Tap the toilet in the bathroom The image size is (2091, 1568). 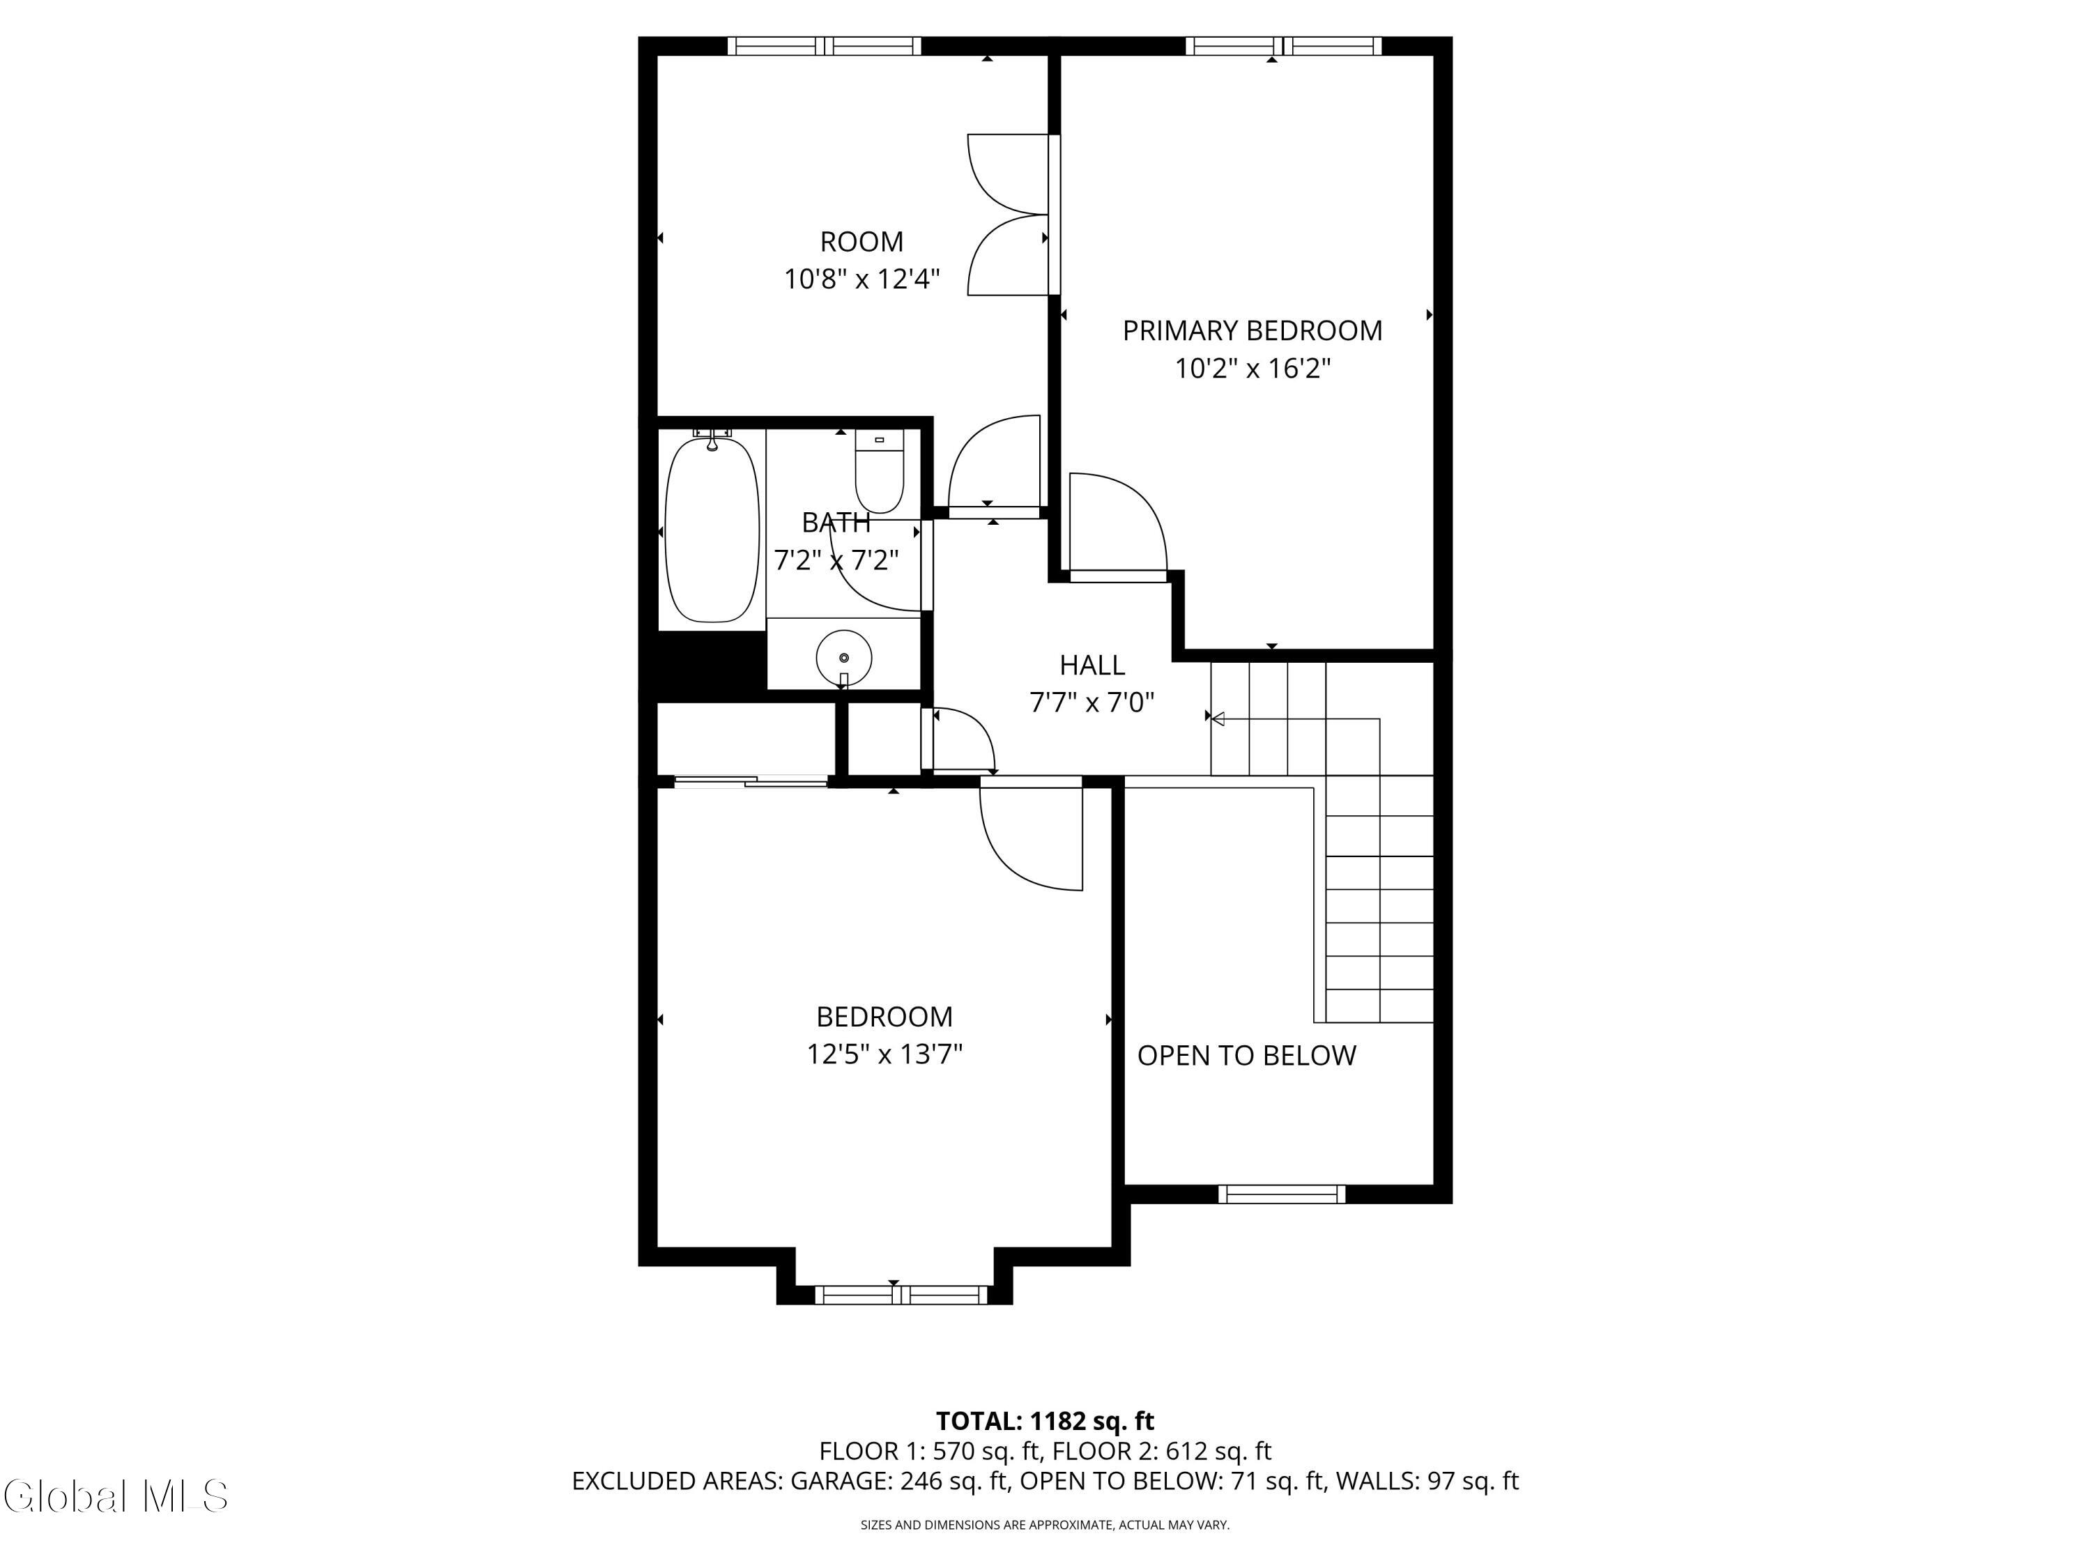point(879,470)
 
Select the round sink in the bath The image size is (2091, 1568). point(843,657)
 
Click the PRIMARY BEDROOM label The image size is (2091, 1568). point(1252,331)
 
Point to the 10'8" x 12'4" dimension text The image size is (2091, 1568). point(861,279)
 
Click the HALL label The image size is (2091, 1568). point(1092,666)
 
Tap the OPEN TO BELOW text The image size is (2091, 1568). point(1246,1056)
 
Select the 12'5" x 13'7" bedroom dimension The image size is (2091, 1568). point(884,1054)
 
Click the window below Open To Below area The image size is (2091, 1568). point(1281,1194)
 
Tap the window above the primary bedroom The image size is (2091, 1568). point(1282,46)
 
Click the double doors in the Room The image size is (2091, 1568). point(1006,215)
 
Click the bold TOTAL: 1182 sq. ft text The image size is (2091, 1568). point(1045,1420)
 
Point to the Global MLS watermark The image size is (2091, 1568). point(115,1496)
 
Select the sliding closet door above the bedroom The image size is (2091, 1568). point(751,781)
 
